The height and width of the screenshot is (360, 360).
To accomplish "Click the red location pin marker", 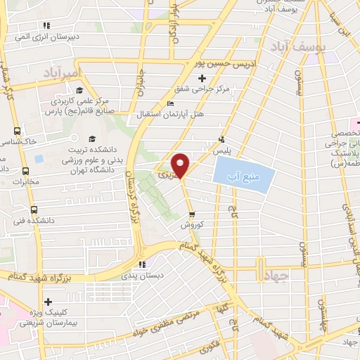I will [181, 165].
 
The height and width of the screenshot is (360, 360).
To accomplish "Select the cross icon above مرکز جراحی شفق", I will [202, 77].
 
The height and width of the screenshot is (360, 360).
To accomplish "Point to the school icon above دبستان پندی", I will [142, 264].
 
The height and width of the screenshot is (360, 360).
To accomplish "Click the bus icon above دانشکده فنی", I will [34, 210].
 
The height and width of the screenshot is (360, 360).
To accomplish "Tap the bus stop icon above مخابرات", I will [26, 171].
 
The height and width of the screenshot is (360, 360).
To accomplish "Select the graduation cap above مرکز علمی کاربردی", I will [79, 91].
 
